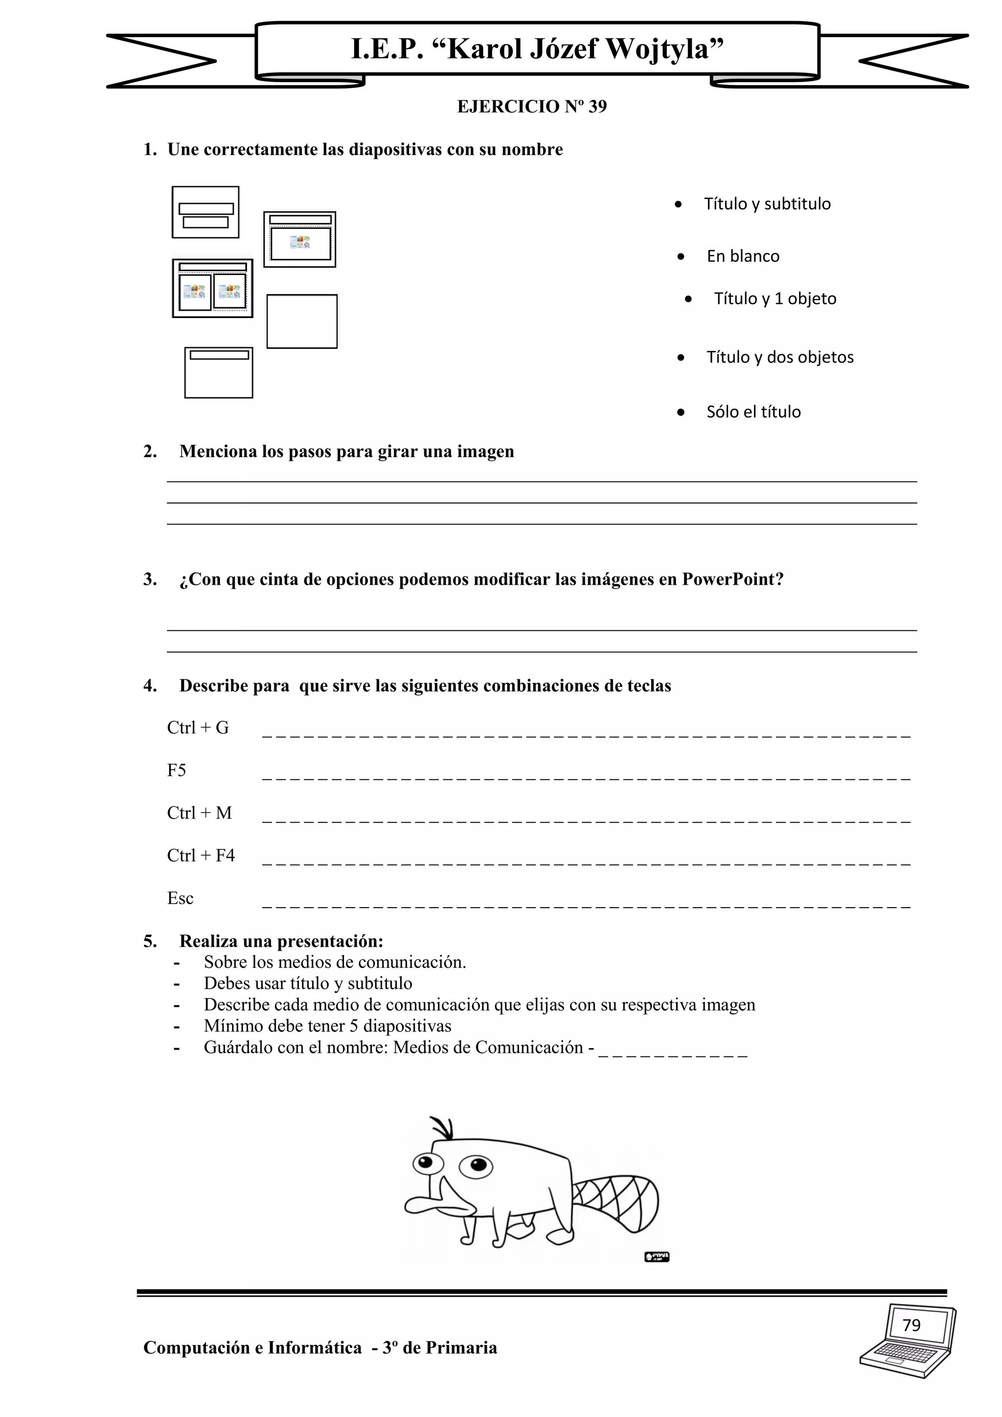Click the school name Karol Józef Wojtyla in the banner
click(537, 49)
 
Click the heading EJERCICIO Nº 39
click(531, 107)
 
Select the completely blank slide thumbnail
click(302, 321)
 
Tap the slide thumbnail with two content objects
click(212, 288)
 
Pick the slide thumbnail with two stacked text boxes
click(205, 212)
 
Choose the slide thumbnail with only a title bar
click(218, 373)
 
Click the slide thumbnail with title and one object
click(300, 239)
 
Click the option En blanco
click(743, 256)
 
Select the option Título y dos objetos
click(780, 357)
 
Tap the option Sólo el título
click(753, 412)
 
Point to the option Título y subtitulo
click(767, 204)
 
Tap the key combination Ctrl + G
click(198, 728)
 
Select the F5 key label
click(177, 771)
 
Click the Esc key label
click(180, 898)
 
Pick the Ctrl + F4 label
click(201, 856)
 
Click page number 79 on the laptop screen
click(911, 1326)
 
